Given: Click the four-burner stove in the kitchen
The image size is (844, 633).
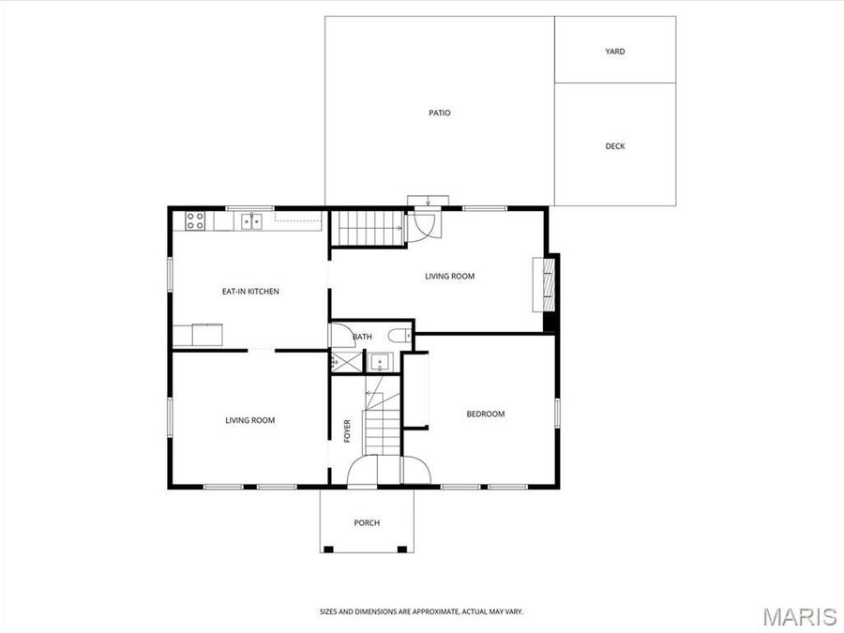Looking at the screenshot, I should coord(195,221).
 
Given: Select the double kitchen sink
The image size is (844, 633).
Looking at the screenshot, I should coord(250,222).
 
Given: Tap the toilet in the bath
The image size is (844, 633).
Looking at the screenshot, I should coord(399,335).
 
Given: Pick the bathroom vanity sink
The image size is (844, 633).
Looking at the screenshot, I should coord(380,361).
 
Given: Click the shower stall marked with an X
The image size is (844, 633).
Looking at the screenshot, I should coord(345,361).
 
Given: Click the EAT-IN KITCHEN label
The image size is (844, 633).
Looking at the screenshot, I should coord(250,292).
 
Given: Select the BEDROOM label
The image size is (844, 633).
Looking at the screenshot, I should coord(486,414).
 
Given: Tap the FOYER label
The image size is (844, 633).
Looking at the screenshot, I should coord(347,430).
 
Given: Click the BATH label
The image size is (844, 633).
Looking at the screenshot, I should coord(363,337).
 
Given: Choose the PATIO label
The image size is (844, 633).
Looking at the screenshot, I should coord(440,113).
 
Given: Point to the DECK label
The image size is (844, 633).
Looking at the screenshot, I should coord(615,146).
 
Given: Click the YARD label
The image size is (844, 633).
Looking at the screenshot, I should coord(615,52).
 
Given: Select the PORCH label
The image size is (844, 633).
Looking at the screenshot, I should coord(367,523).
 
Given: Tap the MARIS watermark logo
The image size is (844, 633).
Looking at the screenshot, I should coord(799,616).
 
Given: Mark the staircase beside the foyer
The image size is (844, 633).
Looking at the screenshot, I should coord(382,417).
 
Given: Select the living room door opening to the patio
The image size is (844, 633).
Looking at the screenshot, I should coord(421,226).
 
